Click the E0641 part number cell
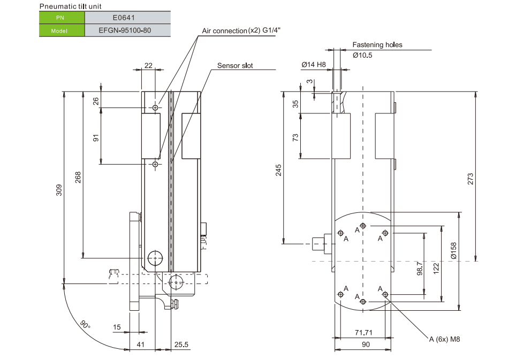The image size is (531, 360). click(127, 17)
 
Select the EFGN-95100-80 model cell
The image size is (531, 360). click(127, 30)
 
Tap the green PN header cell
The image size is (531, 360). click(62, 17)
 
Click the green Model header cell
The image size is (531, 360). click(62, 30)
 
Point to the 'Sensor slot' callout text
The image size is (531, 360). click(235, 66)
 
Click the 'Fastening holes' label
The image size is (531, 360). click(377, 45)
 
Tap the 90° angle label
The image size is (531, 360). click(85, 325)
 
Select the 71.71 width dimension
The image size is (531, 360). click(364, 333)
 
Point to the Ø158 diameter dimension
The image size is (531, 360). click(453, 251)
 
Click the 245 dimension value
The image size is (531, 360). click(278, 170)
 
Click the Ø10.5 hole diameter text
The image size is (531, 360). click(362, 55)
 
